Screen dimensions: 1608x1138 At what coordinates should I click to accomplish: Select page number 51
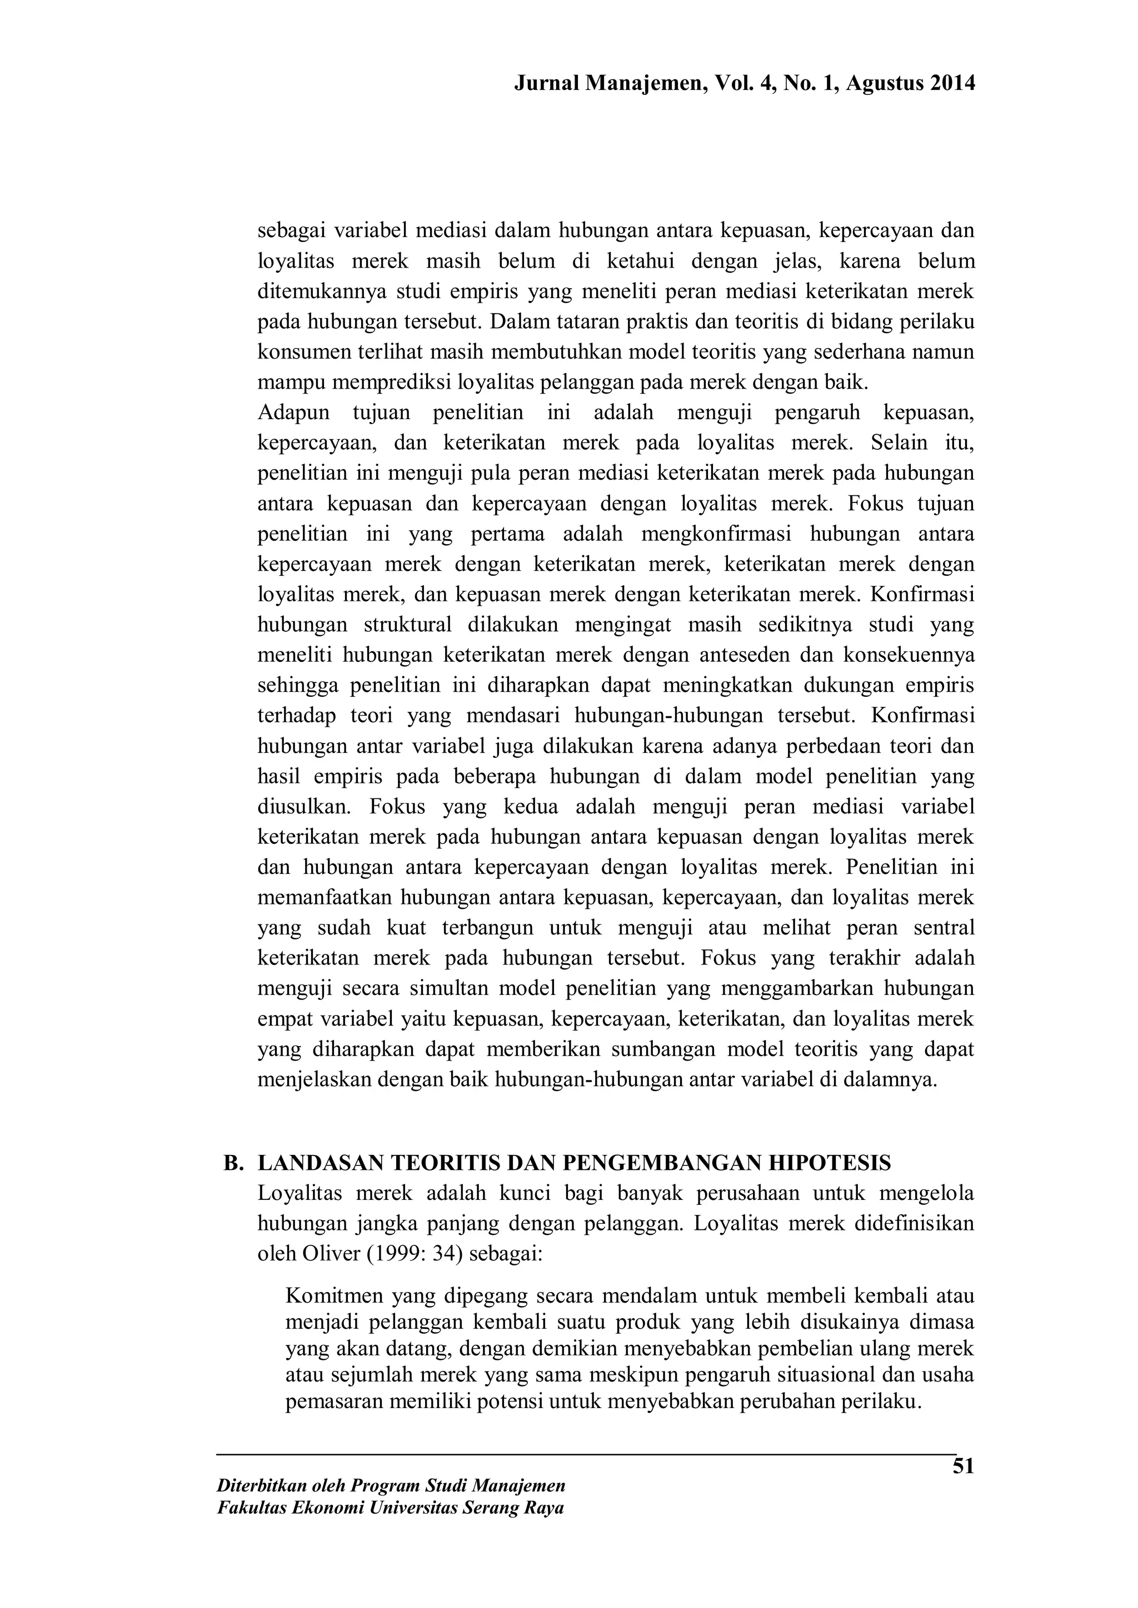[964, 1466]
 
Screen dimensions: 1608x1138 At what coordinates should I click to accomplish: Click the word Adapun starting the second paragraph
[293, 413]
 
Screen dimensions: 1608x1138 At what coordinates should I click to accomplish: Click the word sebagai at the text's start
[290, 230]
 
